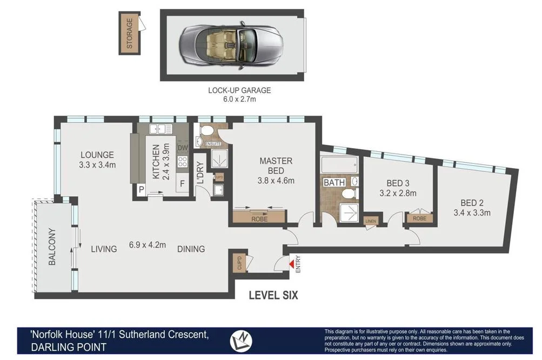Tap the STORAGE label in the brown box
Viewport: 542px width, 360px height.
(x=129, y=34)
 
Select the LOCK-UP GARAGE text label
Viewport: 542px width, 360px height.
(x=239, y=90)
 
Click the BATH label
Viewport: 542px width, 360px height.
(x=334, y=183)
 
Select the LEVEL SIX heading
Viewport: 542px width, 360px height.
(x=273, y=295)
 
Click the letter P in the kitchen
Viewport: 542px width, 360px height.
(x=142, y=189)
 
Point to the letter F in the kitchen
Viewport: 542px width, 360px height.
(x=182, y=183)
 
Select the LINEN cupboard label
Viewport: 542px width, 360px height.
(x=371, y=221)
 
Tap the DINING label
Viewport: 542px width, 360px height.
(x=191, y=249)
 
